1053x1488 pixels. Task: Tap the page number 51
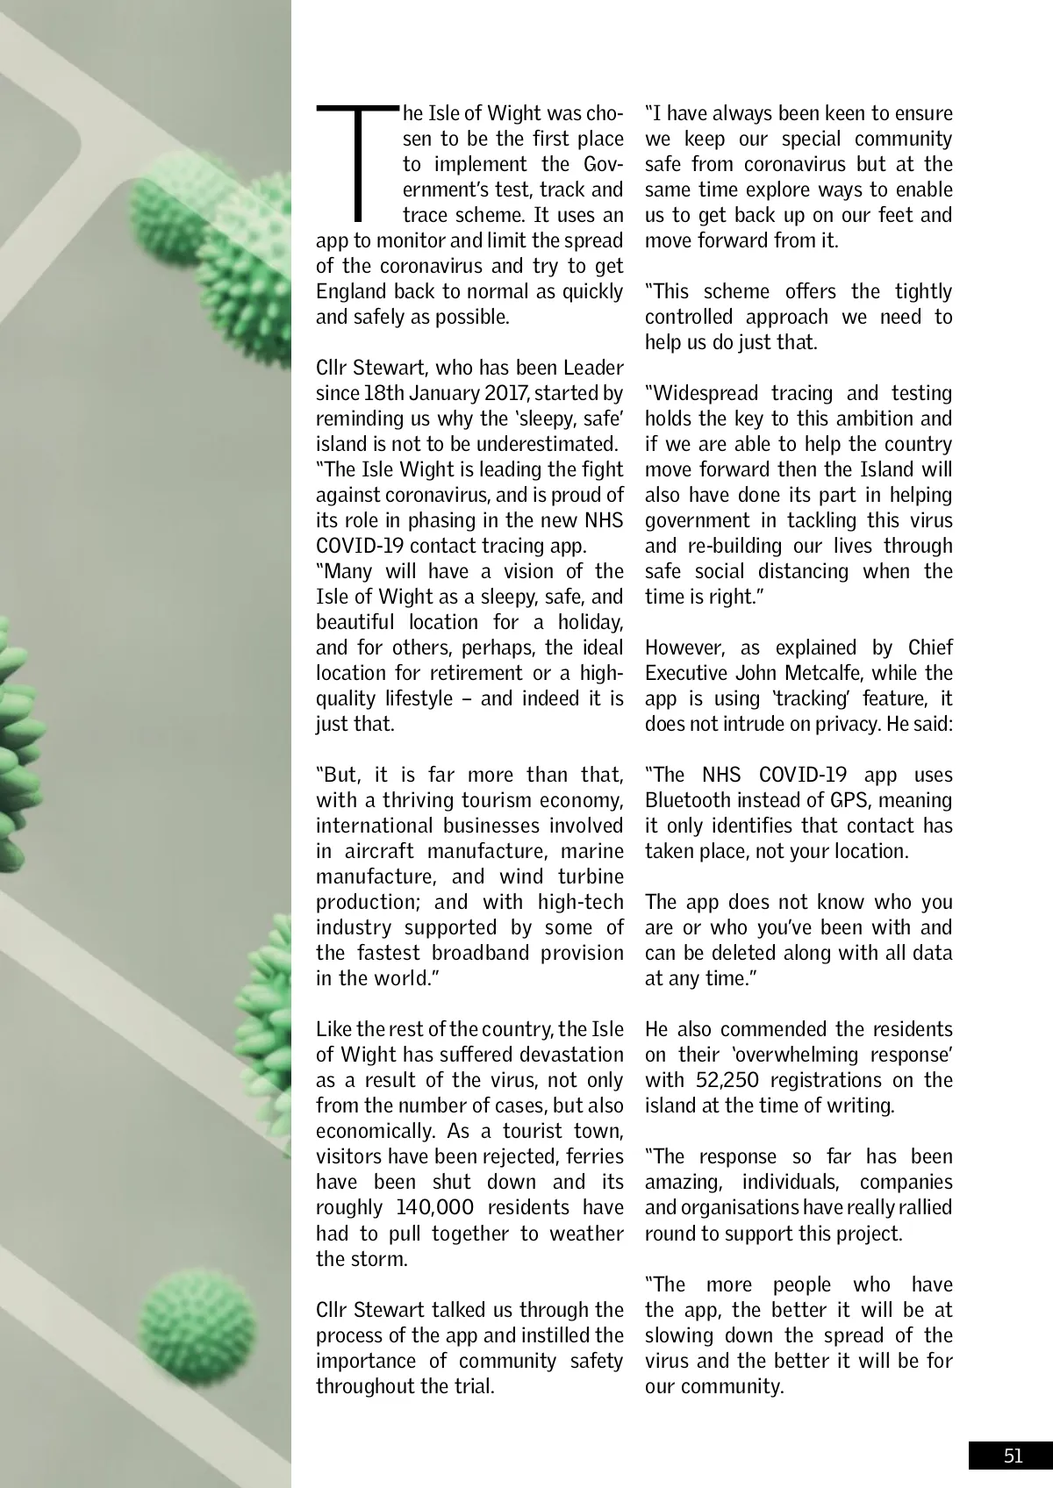[x=1013, y=1456]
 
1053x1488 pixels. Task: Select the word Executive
[x=686, y=673]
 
